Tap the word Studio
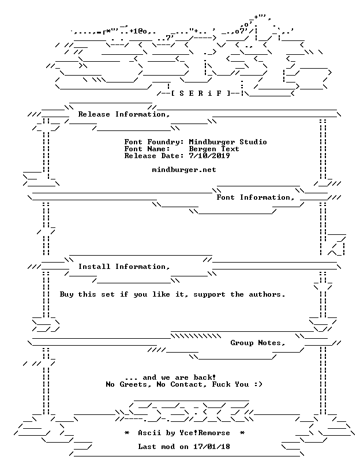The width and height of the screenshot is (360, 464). [x=253, y=142]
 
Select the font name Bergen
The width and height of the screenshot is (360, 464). [x=202, y=149]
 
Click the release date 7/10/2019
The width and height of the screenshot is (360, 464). [x=209, y=156]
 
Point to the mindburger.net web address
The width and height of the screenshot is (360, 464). [x=184, y=170]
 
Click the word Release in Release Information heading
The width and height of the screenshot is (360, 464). [x=94, y=114]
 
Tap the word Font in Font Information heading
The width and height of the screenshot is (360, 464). [x=226, y=197]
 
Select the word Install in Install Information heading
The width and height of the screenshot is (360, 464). [x=94, y=267]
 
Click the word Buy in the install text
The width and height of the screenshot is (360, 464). [x=66, y=294]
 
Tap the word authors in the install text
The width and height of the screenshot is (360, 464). [x=267, y=294]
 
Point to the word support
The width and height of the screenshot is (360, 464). [x=209, y=295]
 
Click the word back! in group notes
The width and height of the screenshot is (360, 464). [x=205, y=377]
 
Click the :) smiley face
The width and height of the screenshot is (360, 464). [x=258, y=384]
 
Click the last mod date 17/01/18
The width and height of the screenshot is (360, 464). [x=212, y=447]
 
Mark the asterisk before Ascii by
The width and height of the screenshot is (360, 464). [x=127, y=433]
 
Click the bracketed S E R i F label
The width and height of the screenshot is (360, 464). [x=200, y=93]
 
